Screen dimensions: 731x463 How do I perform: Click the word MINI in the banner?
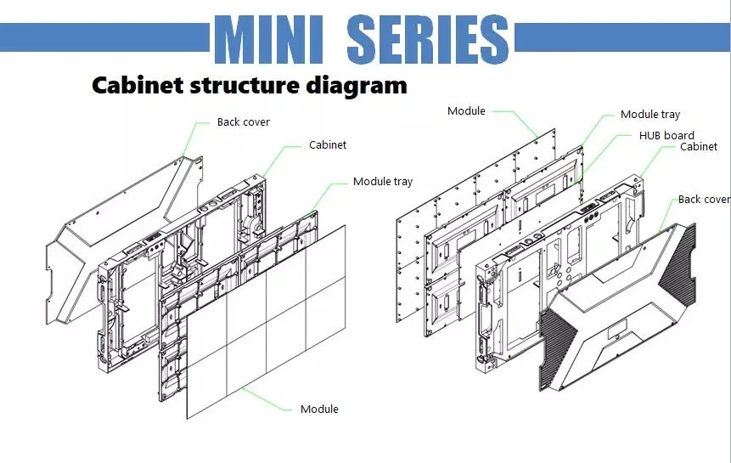[x=269, y=39]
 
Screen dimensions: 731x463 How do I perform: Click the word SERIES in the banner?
[x=428, y=39]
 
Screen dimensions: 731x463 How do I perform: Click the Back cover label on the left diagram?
[x=243, y=122]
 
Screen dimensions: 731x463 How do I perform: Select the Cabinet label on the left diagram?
[x=328, y=145]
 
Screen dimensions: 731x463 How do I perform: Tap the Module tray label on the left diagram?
[x=383, y=182]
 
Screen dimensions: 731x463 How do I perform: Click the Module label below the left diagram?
[x=319, y=409]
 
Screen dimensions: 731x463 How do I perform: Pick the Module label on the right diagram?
[x=466, y=111]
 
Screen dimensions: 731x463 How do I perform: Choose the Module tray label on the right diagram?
[x=649, y=115]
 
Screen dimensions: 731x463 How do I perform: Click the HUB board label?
[x=666, y=136]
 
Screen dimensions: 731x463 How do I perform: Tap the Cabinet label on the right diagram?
[x=699, y=147]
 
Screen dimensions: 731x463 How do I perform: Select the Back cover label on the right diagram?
[x=704, y=200]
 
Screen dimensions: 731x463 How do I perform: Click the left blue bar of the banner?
[x=105, y=37]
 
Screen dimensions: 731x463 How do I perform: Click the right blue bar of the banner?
[x=622, y=37]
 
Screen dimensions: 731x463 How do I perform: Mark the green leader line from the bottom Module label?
[x=266, y=400]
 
